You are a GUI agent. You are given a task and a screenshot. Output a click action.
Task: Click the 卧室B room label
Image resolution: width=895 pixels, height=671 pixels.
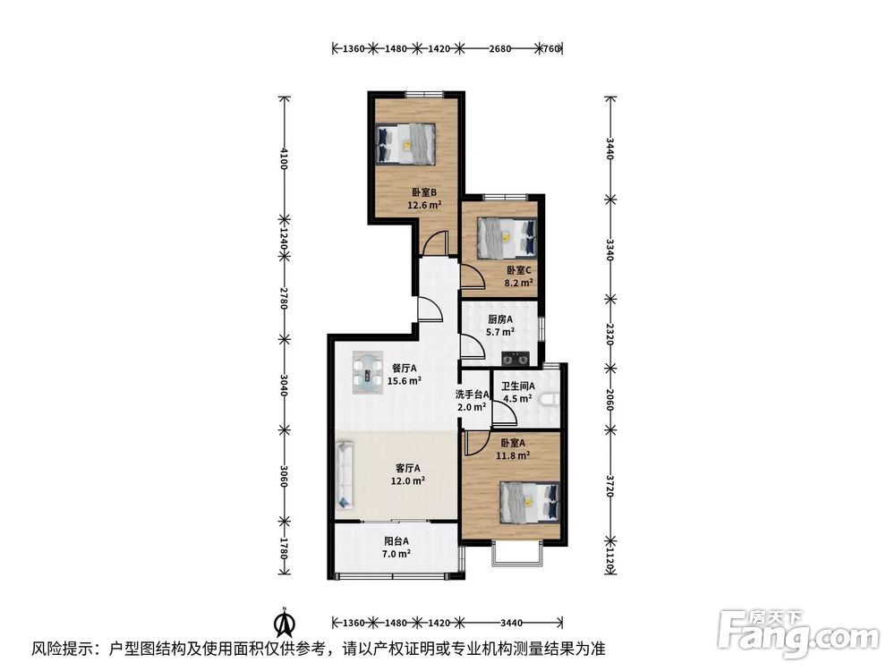tap(424, 192)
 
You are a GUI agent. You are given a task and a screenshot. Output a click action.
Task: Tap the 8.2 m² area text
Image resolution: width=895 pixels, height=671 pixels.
tap(518, 283)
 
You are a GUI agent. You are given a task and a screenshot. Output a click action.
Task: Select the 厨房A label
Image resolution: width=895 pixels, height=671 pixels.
tap(500, 319)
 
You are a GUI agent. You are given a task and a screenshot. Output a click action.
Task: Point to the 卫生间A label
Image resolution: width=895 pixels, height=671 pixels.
tap(517, 386)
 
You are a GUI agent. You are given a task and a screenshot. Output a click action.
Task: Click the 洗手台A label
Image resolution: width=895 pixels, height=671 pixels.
tap(472, 395)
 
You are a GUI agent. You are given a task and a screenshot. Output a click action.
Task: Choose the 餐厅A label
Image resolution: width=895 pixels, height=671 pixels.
tap(405, 368)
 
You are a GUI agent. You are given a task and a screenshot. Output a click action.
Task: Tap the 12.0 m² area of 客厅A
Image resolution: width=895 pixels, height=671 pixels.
tap(407, 481)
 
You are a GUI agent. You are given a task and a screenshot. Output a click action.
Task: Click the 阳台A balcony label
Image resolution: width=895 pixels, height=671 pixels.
tap(396, 541)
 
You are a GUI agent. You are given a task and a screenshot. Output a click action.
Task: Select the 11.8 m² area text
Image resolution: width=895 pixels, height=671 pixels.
tap(513, 455)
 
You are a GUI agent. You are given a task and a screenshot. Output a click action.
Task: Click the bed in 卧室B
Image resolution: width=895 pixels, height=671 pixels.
tap(405, 144)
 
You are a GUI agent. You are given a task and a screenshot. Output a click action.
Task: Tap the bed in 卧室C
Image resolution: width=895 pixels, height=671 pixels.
tap(507, 237)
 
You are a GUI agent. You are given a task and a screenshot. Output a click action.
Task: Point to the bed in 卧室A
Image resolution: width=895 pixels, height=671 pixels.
tap(530, 502)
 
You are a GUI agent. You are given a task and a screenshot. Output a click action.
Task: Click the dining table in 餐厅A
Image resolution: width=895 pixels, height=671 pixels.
tap(367, 372)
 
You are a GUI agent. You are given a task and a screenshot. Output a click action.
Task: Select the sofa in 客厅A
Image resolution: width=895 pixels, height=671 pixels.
tap(345, 473)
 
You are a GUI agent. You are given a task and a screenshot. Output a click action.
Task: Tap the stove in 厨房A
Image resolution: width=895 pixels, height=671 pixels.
tap(516, 359)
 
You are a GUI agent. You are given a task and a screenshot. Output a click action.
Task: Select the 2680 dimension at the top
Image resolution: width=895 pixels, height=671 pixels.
tap(500, 48)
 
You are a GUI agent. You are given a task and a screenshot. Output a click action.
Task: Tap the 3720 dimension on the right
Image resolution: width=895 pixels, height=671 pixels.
tap(610, 486)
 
